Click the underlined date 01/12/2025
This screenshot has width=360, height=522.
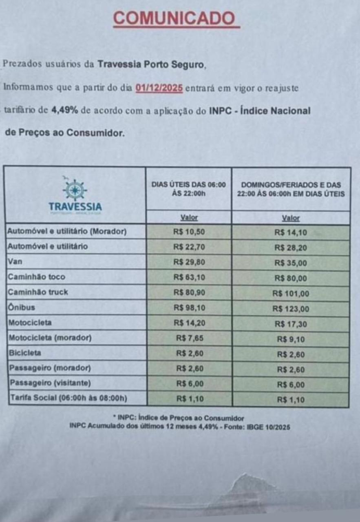[x=159, y=88]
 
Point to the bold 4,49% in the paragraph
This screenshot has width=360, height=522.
[x=64, y=111]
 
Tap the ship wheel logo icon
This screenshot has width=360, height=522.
[x=75, y=189]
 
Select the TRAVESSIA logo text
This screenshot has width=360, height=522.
[x=75, y=206]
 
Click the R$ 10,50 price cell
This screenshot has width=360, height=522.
[x=188, y=232]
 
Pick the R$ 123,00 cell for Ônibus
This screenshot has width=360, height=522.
[x=291, y=309]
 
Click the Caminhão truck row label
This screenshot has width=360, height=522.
[x=38, y=292]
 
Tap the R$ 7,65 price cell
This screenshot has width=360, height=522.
[x=188, y=338]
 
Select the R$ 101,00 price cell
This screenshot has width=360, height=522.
[x=291, y=294]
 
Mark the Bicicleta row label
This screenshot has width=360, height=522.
[x=25, y=353]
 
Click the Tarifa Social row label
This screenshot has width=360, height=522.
[x=68, y=398]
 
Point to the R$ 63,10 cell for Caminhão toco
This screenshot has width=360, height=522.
[x=188, y=277]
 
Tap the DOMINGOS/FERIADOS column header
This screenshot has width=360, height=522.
[x=291, y=189]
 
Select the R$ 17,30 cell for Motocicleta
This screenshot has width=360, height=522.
[x=291, y=324]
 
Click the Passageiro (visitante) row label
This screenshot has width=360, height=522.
[x=50, y=383]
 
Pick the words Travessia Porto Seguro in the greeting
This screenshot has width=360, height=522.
[x=150, y=65]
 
